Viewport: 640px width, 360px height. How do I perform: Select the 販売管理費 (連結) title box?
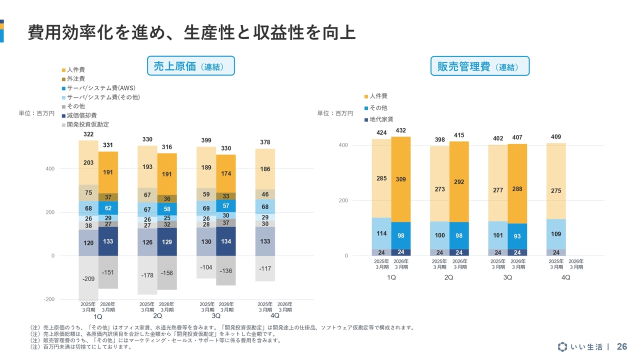coord(479,66)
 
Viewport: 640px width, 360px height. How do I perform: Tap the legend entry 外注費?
coord(75,79)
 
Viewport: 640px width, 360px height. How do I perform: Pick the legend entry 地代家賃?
coord(381,119)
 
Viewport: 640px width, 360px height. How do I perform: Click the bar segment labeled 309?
coord(400,179)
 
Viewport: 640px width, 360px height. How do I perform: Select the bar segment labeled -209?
coord(88,278)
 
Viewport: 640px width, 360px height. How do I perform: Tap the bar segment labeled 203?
coord(88,162)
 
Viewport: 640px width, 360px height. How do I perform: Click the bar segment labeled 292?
coord(459,182)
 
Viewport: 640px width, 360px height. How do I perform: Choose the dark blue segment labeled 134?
coord(226,241)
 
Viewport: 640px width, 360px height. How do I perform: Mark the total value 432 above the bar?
coord(400,130)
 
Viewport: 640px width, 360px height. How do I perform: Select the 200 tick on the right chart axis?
coord(343,200)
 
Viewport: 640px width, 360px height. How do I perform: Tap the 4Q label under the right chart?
coord(565,277)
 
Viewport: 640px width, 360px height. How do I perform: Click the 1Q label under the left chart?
coord(98,316)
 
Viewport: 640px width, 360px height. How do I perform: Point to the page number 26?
coord(622,347)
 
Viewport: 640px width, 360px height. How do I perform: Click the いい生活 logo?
coord(583,347)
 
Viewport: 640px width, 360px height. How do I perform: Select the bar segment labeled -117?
coord(265,268)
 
